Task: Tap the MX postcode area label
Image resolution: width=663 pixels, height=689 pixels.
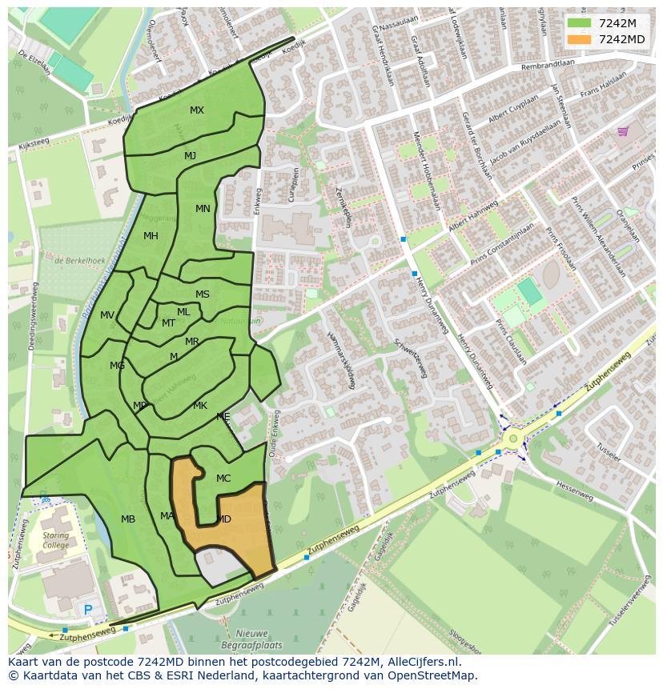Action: point(197,110)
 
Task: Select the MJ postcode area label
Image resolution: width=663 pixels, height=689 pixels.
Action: point(190,156)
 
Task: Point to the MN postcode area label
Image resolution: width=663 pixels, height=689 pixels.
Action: point(203,209)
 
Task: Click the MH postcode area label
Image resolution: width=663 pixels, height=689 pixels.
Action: point(151,236)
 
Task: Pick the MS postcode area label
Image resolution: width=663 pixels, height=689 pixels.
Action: point(203,294)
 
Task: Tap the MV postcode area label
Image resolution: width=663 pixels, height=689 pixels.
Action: point(107,315)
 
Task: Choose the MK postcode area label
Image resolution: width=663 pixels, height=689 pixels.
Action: point(200,406)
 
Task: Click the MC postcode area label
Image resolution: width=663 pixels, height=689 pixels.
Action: point(223,479)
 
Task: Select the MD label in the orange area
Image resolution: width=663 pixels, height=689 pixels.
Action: point(224,519)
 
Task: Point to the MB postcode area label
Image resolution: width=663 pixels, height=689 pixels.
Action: point(128,519)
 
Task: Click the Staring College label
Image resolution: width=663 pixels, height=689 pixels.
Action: point(55,540)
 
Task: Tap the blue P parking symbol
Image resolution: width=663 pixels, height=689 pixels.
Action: point(88,611)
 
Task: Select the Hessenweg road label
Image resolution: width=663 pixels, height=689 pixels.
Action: point(574,491)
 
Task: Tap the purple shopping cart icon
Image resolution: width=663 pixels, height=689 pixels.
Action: point(623,131)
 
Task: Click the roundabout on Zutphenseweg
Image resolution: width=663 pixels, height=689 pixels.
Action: point(512,438)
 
